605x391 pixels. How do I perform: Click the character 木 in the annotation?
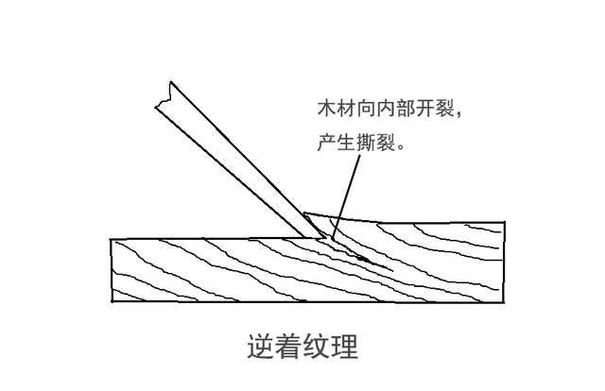pos(326,110)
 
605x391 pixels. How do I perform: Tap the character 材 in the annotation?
pos(346,110)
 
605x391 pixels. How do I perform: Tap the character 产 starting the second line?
pos(326,144)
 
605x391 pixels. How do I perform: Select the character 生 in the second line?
pos(346,144)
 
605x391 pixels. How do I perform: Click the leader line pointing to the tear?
pos(347,198)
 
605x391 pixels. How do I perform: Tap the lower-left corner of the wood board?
pos(112,300)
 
